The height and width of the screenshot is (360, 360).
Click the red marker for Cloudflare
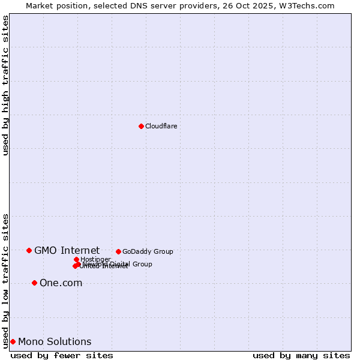click(x=141, y=126)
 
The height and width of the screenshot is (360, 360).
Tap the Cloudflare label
click(x=161, y=126)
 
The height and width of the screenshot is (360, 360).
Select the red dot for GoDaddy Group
click(x=118, y=251)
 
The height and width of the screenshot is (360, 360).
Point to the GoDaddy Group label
click(x=148, y=251)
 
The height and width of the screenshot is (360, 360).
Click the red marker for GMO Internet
click(x=29, y=250)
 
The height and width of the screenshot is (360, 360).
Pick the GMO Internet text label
click(x=67, y=250)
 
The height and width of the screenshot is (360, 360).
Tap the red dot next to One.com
click(x=34, y=283)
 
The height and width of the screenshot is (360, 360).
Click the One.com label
click(x=61, y=283)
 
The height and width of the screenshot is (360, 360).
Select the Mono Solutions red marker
click(x=13, y=341)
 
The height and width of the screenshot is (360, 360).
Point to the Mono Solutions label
click(x=55, y=341)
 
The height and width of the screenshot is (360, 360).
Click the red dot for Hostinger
click(x=76, y=259)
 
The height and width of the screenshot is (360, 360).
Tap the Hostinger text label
click(x=95, y=259)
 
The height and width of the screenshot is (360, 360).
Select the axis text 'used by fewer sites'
click(x=62, y=355)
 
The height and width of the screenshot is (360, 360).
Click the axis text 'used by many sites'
click(x=301, y=355)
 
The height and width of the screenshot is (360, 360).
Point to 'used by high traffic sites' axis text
click(x=5, y=85)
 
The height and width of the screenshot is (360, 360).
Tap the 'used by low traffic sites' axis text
click(x=5, y=280)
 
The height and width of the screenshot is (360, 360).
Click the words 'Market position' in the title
click(x=55, y=5)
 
